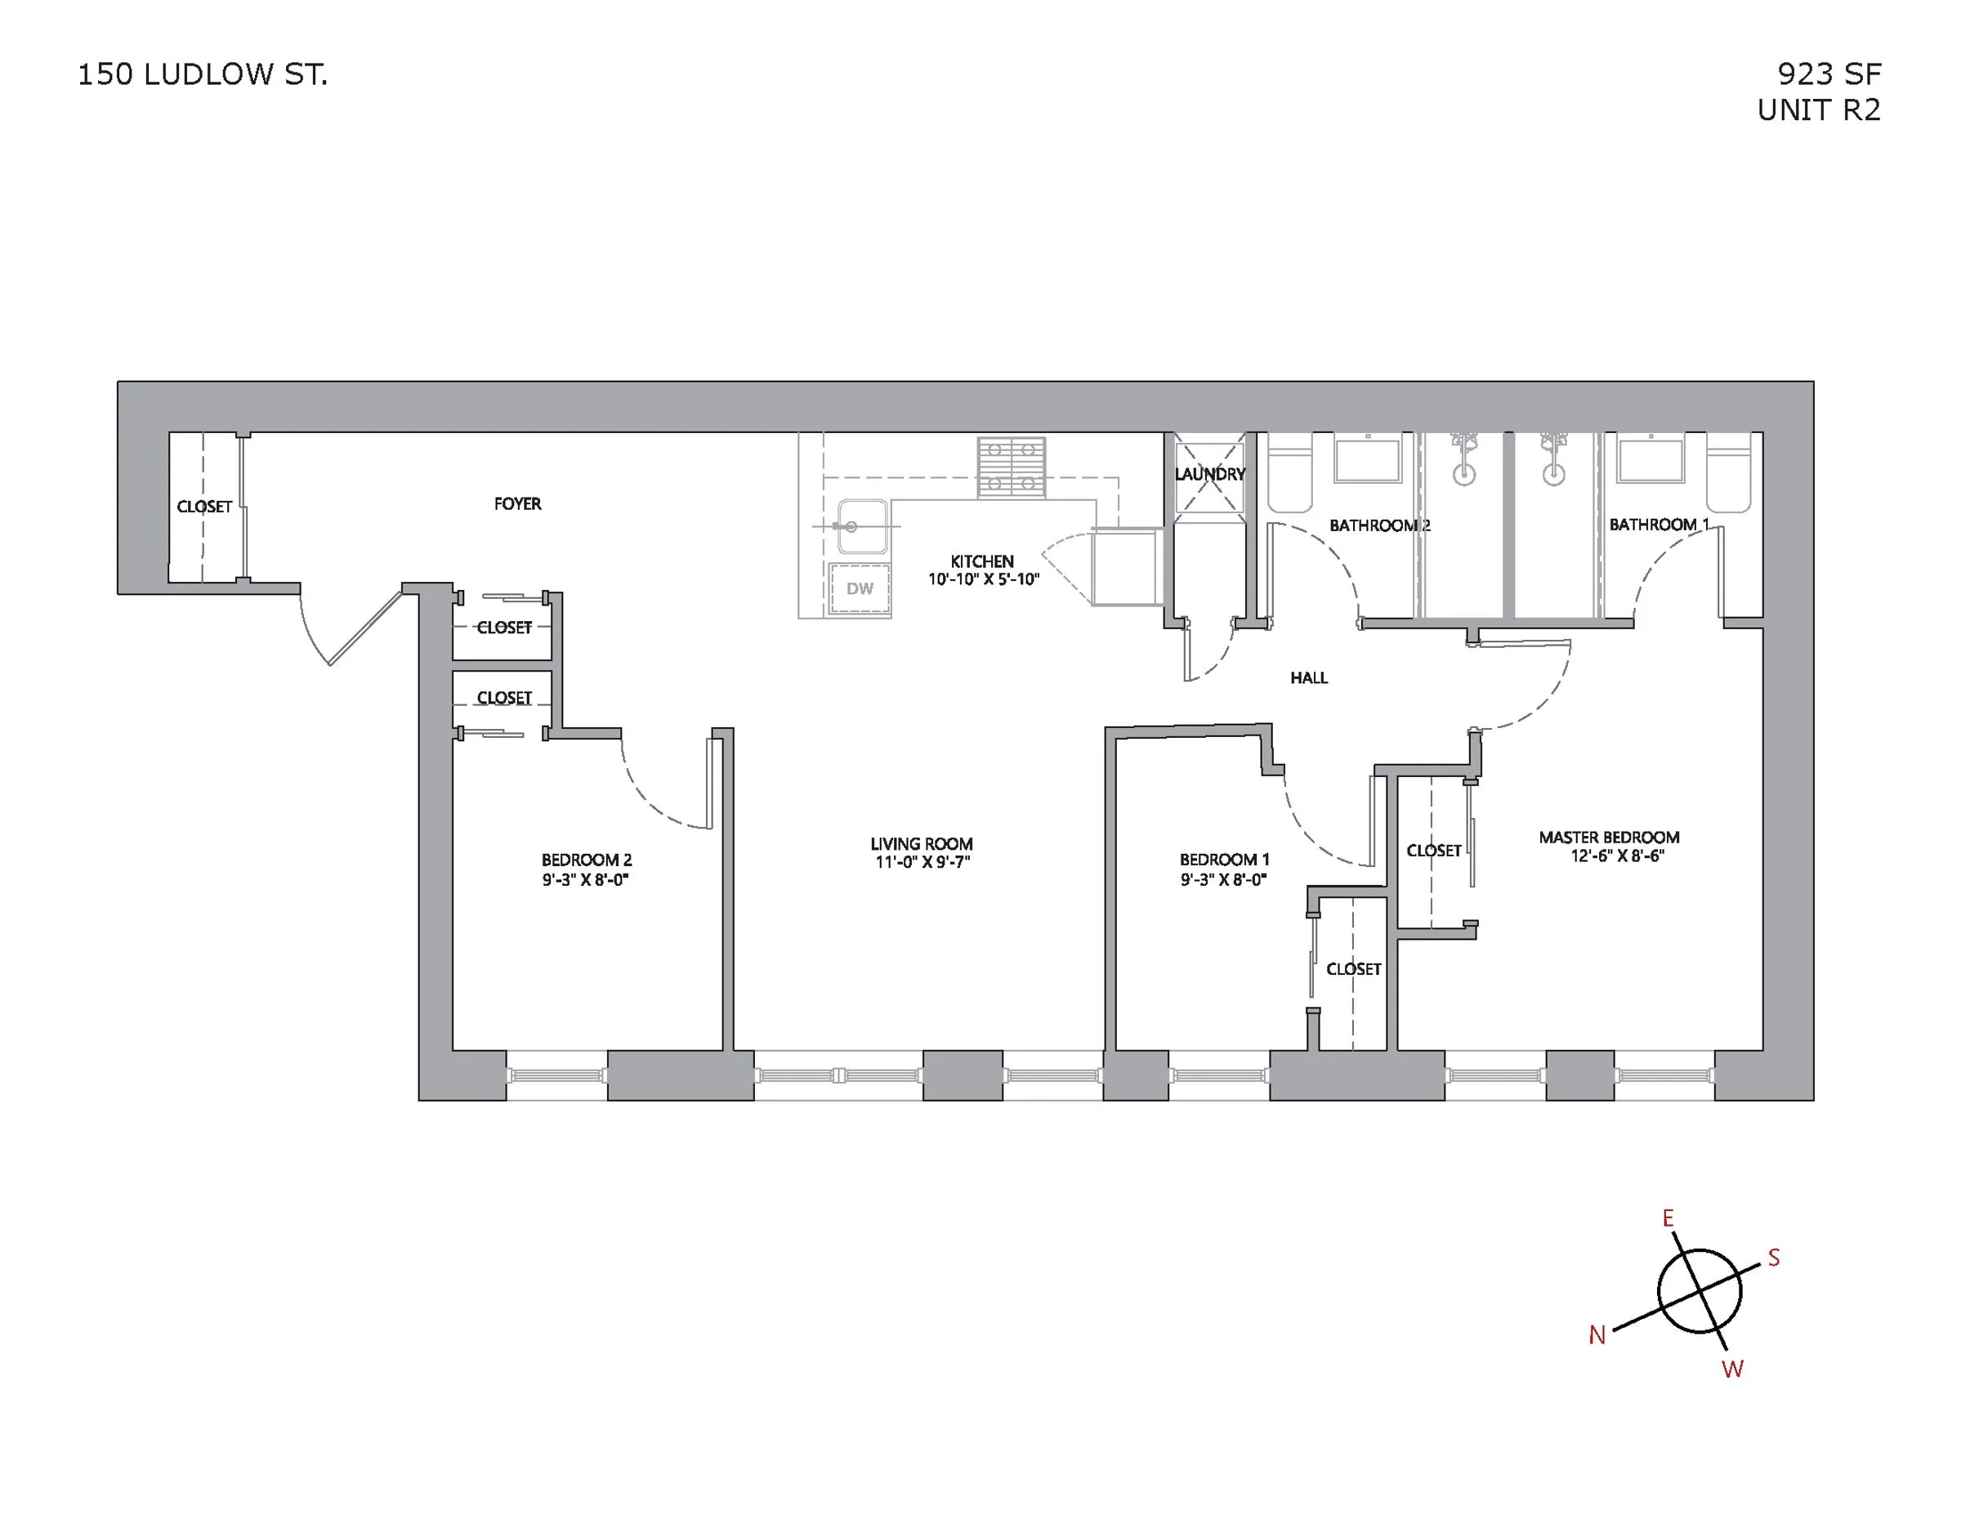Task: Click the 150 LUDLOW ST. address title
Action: click(202, 74)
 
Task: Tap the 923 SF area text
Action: click(1829, 74)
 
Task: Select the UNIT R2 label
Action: click(1818, 109)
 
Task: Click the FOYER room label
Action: click(517, 504)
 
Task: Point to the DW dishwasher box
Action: click(860, 588)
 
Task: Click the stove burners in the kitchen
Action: click(1011, 466)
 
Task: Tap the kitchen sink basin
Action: click(862, 526)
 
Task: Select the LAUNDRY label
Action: click(1209, 474)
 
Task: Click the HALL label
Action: click(1308, 678)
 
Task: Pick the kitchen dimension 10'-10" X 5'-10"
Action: click(983, 580)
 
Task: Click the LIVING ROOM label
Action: click(921, 844)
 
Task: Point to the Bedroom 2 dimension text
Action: click(584, 880)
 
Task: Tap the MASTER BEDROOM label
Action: click(1608, 838)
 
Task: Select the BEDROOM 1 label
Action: click(1224, 860)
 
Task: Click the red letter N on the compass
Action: click(1597, 1335)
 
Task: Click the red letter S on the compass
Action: click(1773, 1258)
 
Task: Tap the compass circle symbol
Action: click(1699, 1291)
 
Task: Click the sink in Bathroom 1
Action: click(1651, 460)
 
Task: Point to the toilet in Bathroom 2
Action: click(1289, 476)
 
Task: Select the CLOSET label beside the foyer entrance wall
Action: click(203, 507)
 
